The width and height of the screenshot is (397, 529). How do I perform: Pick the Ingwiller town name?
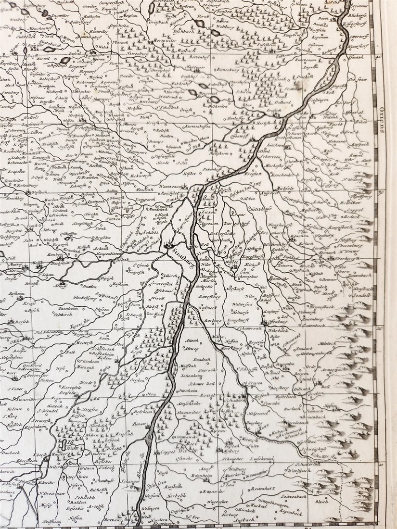(60, 15)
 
